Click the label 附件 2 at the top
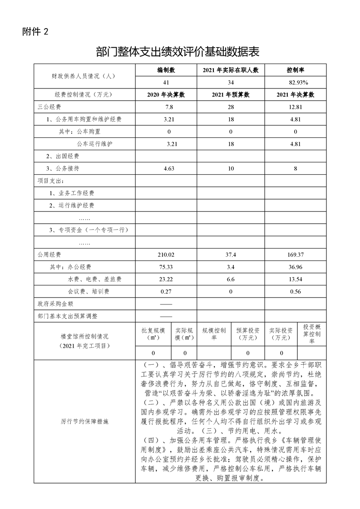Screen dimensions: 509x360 35,32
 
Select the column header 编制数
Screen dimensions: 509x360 166,71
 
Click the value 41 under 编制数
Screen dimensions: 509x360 166,83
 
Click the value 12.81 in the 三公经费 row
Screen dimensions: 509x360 296,107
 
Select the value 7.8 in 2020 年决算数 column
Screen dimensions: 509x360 166,107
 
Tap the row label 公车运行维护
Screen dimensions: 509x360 94,143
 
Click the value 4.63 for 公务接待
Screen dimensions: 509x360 166,168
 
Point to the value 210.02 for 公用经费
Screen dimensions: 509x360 166,254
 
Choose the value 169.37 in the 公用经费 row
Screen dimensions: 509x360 296,254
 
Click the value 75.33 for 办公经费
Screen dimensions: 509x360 166,267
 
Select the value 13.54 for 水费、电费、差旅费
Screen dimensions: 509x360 296,279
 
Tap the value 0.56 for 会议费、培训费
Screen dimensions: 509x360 296,291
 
